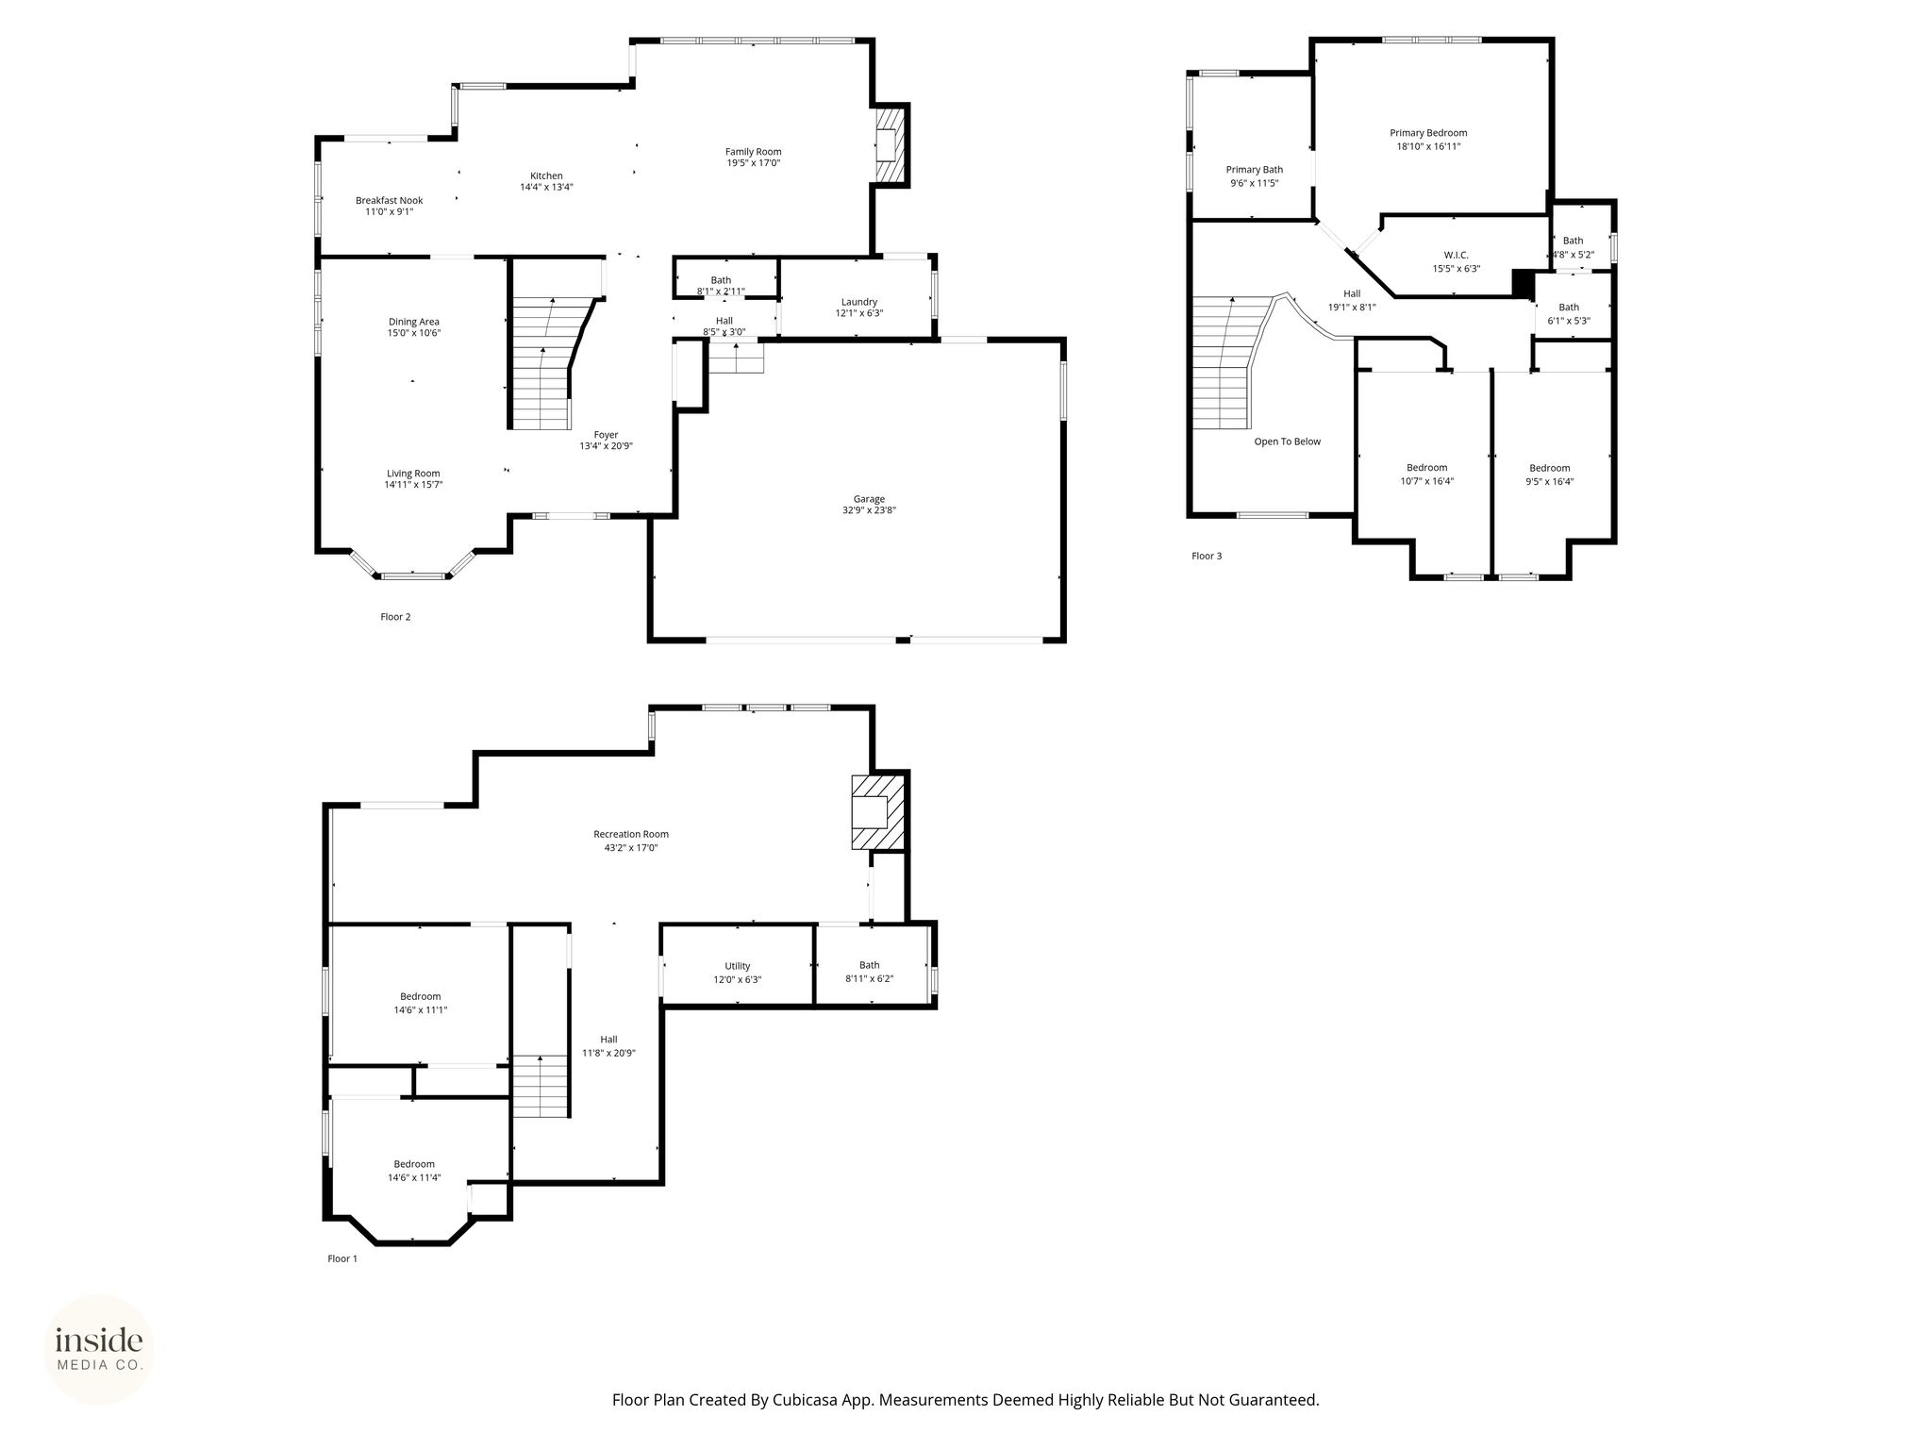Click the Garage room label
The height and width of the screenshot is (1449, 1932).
[x=869, y=499]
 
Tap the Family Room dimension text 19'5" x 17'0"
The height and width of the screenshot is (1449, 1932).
[x=753, y=163]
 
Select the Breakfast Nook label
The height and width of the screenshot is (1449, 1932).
[x=389, y=200]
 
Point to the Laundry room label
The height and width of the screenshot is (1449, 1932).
[x=859, y=302]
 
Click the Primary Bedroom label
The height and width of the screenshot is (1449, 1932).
[x=1428, y=133]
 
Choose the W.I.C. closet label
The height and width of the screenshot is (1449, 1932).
[x=1456, y=255]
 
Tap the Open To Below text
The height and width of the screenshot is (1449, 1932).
[x=1287, y=441]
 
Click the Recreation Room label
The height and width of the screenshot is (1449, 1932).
[x=631, y=834]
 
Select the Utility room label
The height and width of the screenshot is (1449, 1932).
[x=738, y=966]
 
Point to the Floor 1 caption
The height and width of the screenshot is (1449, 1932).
[x=342, y=1258]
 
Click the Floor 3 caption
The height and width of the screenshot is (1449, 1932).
[x=1207, y=556]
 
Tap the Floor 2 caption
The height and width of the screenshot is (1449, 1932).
[x=395, y=617]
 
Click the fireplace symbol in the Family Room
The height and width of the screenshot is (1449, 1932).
[x=890, y=144]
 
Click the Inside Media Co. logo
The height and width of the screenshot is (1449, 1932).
[x=99, y=1349]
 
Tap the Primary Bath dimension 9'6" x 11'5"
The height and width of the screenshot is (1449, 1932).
[x=1255, y=183]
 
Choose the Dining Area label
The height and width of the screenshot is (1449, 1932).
[x=414, y=322]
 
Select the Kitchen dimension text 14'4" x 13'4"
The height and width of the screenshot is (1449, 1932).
[x=546, y=187]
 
